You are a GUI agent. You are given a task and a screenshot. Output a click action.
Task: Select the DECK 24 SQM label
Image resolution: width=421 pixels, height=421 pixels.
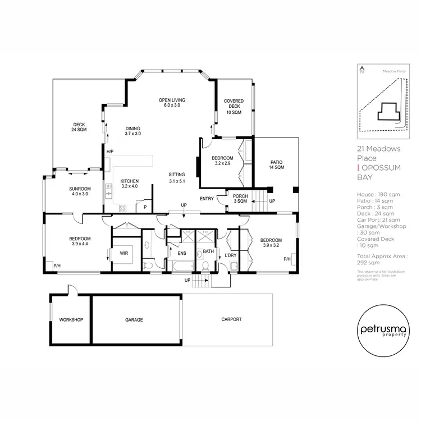pyautogui.click(x=79, y=127)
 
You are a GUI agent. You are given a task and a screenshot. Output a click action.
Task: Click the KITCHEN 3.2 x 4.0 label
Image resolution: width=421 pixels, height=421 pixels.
pyautogui.click(x=130, y=184)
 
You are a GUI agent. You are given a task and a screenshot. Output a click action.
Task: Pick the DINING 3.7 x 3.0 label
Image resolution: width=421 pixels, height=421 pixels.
pyautogui.click(x=133, y=131)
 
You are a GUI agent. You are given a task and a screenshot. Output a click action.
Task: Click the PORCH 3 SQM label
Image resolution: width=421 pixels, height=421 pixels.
pyautogui.click(x=240, y=198)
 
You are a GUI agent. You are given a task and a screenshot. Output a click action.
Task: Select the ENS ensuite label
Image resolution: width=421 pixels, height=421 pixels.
pyautogui.click(x=181, y=253)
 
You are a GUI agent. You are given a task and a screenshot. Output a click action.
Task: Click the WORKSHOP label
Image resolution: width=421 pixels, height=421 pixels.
pyautogui.click(x=71, y=320)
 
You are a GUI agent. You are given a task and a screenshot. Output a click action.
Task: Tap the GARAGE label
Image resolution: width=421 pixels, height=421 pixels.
pyautogui.click(x=134, y=320)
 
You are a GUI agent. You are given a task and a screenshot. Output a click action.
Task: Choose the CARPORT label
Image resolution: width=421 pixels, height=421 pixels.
pyautogui.click(x=231, y=319)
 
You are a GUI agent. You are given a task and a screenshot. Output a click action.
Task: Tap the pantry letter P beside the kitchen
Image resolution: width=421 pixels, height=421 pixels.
pyautogui.click(x=145, y=207)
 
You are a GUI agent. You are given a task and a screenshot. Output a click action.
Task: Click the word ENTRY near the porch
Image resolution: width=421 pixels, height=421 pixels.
pyautogui.click(x=207, y=199)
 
